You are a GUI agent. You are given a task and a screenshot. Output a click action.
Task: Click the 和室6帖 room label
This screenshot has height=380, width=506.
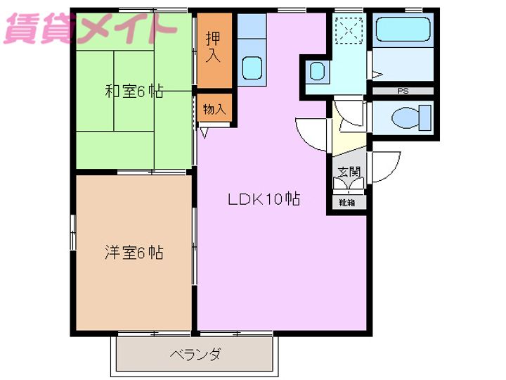134,91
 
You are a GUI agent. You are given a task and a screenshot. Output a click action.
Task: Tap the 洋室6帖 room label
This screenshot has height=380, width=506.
134,252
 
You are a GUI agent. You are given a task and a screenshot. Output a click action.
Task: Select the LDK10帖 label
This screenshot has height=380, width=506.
264,199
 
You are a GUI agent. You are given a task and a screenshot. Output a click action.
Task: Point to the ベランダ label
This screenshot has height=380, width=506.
195,354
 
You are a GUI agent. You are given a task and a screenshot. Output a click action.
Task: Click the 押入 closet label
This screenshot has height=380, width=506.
213,46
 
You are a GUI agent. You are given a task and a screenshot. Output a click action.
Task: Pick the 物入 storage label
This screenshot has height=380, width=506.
214,109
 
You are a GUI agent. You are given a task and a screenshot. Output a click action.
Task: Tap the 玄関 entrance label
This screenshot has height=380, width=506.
348,171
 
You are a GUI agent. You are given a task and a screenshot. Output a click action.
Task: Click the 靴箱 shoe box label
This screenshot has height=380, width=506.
346,203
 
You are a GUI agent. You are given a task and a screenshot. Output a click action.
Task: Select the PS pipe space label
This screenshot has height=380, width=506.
403,91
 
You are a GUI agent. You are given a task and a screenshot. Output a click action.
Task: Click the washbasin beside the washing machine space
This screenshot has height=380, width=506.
317,71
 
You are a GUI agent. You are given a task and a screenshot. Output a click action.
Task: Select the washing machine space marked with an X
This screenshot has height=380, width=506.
347,30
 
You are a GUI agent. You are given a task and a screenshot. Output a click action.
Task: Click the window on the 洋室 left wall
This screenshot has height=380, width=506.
73,232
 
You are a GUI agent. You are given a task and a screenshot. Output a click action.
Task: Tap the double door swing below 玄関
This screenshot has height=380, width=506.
348,185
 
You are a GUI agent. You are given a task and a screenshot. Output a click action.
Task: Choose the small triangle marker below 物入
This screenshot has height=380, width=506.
205,130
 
